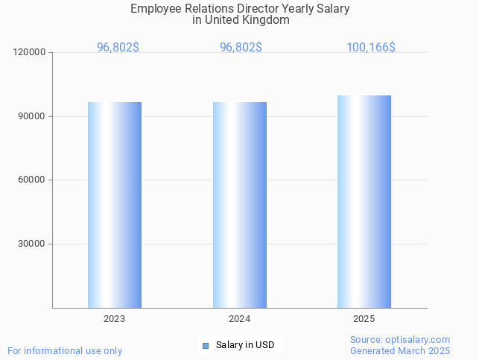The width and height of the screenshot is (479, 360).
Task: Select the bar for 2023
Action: point(115,205)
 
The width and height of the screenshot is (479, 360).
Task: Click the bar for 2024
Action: point(240,205)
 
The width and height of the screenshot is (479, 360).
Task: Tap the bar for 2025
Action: point(364,201)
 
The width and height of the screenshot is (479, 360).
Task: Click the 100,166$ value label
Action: point(370,47)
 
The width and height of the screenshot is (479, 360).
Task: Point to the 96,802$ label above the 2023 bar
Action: point(118,47)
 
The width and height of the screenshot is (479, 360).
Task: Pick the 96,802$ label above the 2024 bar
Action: point(241,47)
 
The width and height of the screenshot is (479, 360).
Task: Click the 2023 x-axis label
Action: point(115,319)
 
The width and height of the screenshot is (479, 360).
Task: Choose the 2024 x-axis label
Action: point(240,319)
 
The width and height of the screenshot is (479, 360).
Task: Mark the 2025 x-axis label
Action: point(364,319)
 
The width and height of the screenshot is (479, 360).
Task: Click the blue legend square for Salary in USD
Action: point(206,345)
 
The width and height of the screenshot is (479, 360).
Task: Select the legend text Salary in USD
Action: point(245,345)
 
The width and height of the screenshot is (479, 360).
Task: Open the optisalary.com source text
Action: point(400,340)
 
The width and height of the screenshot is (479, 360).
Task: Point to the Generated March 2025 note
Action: point(400,351)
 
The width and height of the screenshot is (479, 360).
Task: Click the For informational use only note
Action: point(65,351)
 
